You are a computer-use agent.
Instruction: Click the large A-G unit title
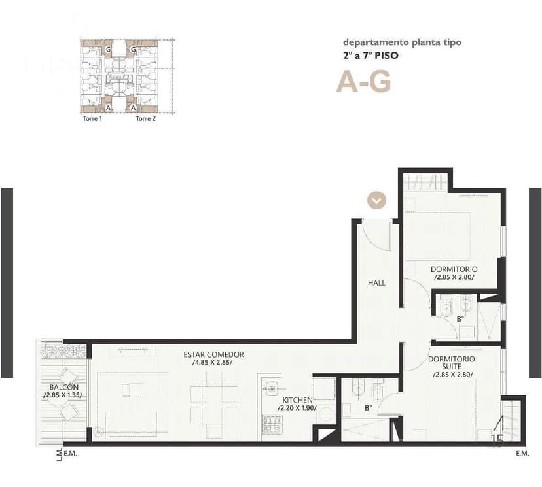point(363,82)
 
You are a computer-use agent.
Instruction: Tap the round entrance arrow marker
point(376,199)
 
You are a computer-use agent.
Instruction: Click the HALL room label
point(376,283)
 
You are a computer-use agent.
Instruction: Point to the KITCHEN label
point(297,399)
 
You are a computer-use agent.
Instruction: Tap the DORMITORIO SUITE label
point(452,363)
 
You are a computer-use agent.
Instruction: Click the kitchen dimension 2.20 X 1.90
point(297,408)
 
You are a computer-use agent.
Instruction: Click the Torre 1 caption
point(92,119)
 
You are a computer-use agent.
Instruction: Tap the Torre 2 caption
point(145,119)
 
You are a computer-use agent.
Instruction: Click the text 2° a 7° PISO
point(370,56)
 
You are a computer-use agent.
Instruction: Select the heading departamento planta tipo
point(402,42)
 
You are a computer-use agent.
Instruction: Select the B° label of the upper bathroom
point(460,319)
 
